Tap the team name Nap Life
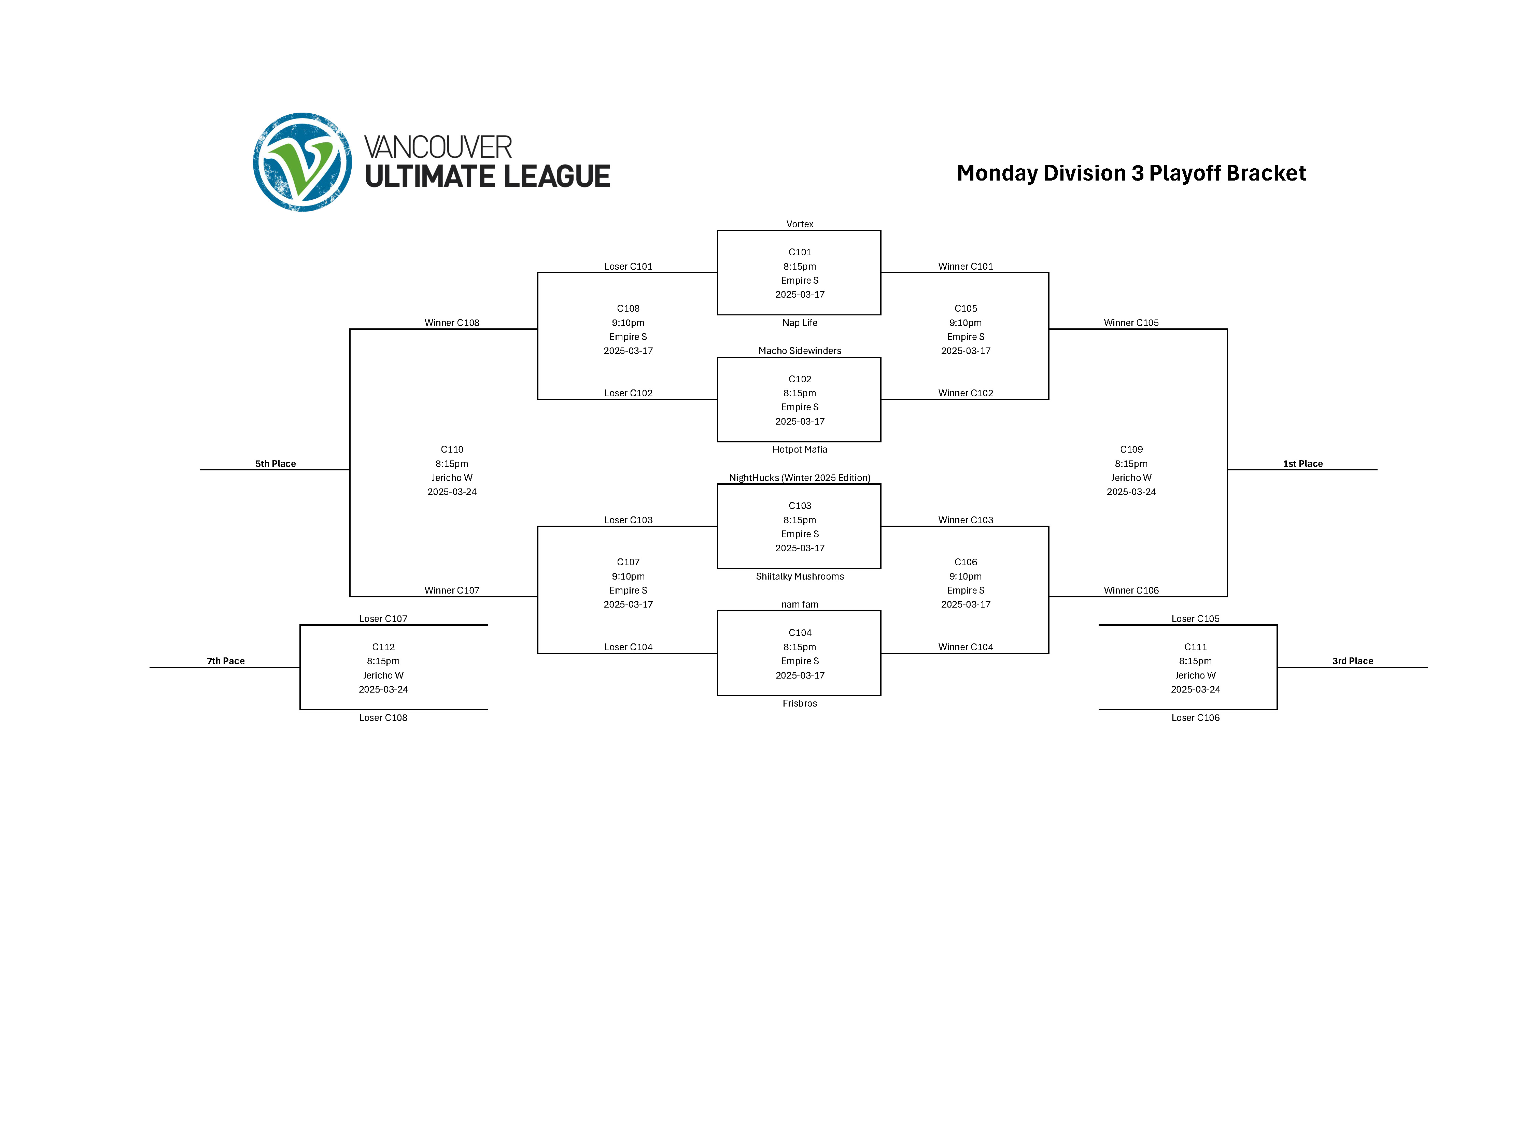[800, 323]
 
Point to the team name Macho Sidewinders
[800, 351]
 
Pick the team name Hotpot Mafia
[800, 449]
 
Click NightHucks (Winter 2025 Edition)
[800, 478]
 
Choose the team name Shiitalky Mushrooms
[800, 577]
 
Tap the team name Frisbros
[800, 703]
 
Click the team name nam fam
[800, 604]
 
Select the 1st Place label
[1303, 464]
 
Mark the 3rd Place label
[1352, 661]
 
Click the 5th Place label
[276, 464]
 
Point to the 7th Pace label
[226, 661]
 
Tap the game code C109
[1131, 449]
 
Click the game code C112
[383, 647]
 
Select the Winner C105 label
[1131, 323]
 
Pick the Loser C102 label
[628, 393]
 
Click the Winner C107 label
[452, 590]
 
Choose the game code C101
[800, 252]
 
